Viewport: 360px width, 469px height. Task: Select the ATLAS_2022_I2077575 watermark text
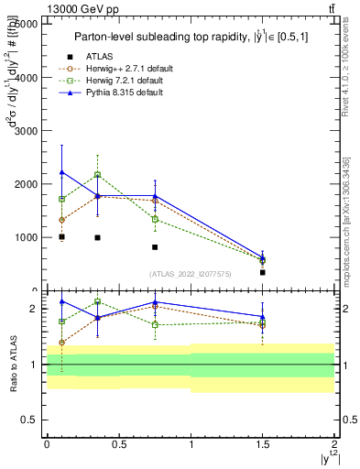tap(191, 273)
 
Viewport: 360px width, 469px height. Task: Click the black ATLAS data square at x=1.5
tap(263, 272)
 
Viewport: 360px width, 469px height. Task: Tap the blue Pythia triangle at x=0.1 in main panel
tap(61, 172)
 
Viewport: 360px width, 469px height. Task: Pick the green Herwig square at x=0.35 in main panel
tap(97, 174)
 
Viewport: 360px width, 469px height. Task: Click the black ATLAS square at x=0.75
tap(155, 247)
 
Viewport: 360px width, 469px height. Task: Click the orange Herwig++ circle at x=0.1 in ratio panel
tap(61, 343)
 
